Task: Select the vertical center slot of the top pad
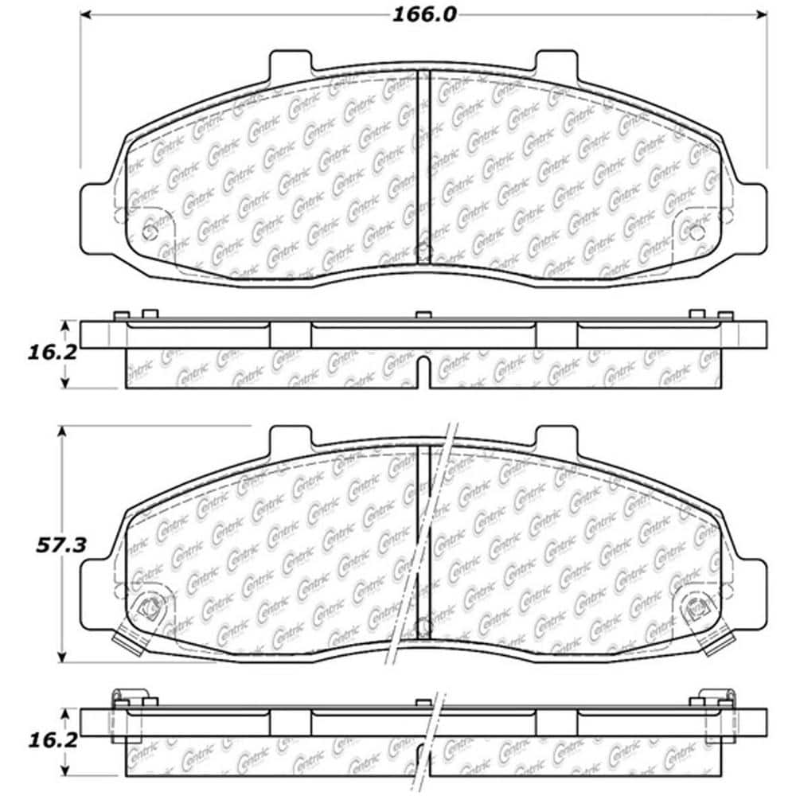[423, 167]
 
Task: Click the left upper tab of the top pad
[290, 62]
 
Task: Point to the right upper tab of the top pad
[556, 62]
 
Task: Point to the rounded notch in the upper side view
[423, 369]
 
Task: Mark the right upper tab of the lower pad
[556, 438]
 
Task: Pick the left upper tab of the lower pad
[290, 438]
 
